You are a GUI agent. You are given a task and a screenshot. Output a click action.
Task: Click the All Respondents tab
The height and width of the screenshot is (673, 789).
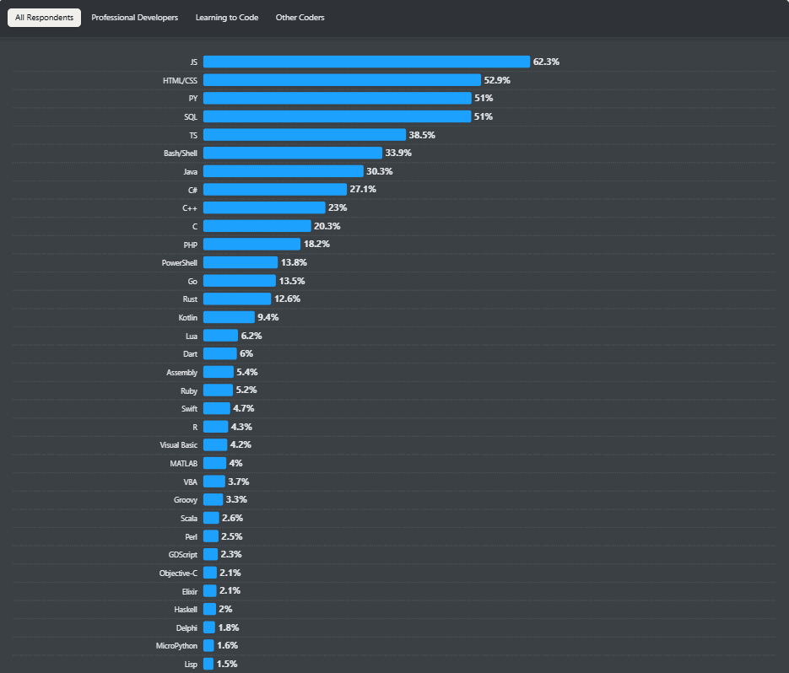click(x=44, y=18)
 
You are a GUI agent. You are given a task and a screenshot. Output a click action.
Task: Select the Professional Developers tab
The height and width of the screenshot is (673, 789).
click(x=134, y=18)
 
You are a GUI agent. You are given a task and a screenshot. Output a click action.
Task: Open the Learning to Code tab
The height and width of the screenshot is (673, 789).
click(x=226, y=18)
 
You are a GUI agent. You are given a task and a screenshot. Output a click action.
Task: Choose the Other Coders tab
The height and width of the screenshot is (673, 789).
click(x=300, y=18)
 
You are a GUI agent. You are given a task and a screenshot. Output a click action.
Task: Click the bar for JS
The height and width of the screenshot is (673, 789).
click(x=366, y=62)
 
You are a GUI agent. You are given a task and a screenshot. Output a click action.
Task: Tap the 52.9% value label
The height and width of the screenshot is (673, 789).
click(x=497, y=80)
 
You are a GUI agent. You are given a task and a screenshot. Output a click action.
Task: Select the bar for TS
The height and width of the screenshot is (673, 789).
click(x=305, y=135)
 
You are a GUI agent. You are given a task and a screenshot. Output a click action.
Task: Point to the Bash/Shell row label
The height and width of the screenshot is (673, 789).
click(x=180, y=153)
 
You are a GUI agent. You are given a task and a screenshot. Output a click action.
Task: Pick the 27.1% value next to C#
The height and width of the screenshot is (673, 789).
click(x=363, y=190)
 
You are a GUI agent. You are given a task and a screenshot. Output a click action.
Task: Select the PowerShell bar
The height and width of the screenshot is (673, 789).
click(x=240, y=262)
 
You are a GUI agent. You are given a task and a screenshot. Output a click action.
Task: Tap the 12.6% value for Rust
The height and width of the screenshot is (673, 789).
click(x=287, y=299)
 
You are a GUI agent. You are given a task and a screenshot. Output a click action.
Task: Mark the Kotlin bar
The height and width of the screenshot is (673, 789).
click(x=229, y=317)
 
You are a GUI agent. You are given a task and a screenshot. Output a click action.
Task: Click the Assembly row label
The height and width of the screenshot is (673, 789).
click(x=181, y=372)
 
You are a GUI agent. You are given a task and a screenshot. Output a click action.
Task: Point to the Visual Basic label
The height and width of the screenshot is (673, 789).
click(x=178, y=445)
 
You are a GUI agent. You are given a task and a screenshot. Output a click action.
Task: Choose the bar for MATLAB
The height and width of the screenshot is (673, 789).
click(x=214, y=463)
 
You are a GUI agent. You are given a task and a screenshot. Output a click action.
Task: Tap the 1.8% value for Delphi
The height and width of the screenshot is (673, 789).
click(x=228, y=627)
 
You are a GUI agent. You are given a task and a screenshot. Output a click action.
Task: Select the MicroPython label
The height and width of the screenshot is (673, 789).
click(x=176, y=646)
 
